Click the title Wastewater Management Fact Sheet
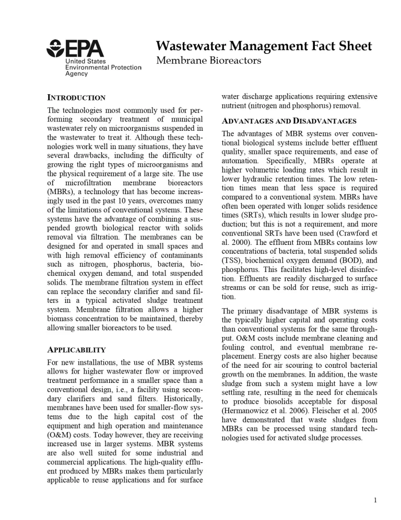pos(264,46)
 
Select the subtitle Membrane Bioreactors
pos(208,61)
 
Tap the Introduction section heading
pos(76,98)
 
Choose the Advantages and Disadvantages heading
pos(289,121)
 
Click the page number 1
pos(375,500)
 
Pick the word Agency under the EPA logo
pos(76,74)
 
